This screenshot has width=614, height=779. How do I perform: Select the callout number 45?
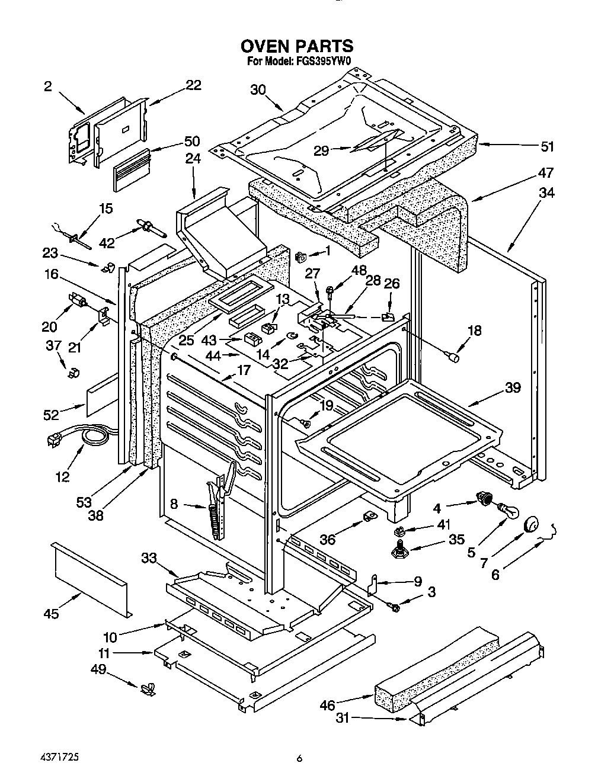52,614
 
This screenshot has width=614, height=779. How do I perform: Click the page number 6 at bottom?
300,758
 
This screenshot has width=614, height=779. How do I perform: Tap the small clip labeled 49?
148,690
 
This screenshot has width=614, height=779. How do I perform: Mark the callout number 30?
258,89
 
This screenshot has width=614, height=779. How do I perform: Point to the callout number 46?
327,704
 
